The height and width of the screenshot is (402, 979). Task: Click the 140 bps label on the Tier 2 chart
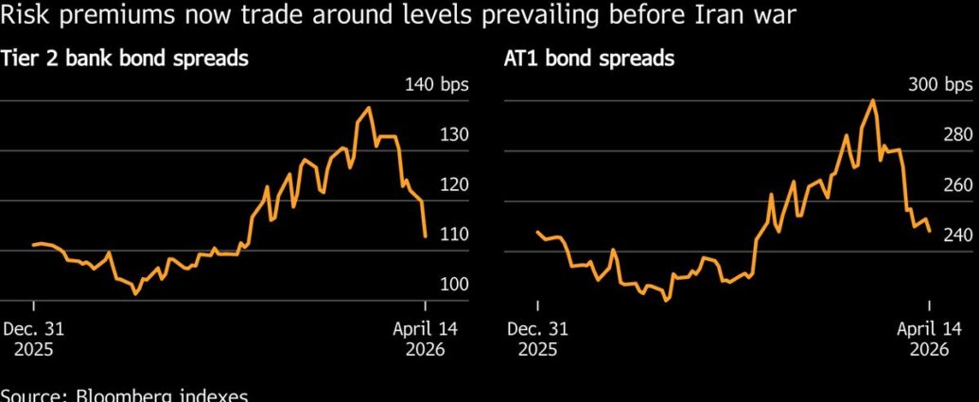pos(436,85)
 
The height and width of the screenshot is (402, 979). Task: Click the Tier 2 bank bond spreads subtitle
pos(124,59)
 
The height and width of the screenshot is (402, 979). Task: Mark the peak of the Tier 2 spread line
pos(368,108)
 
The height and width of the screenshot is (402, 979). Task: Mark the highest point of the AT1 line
pos(872,100)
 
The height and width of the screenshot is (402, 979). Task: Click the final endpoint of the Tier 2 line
pos(426,236)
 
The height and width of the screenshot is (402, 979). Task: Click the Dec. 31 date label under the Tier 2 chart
pos(34,330)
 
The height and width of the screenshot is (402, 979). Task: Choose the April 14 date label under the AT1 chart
pos(929,330)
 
